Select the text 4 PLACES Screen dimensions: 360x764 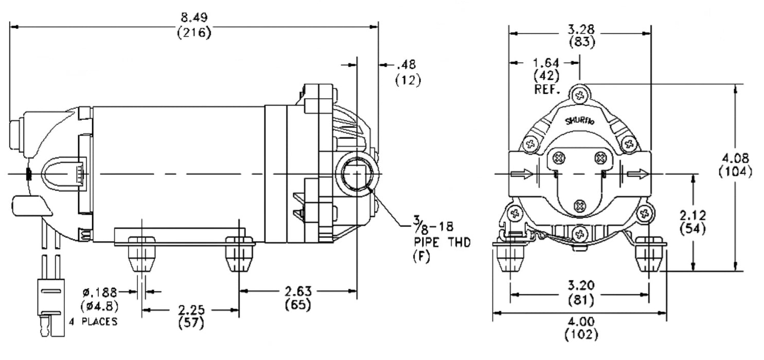point(93,322)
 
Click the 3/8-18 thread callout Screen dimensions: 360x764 point(429,225)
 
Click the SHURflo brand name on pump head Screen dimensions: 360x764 point(580,122)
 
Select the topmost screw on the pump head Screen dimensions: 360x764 point(580,95)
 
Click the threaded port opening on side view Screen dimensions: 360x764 point(357,175)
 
